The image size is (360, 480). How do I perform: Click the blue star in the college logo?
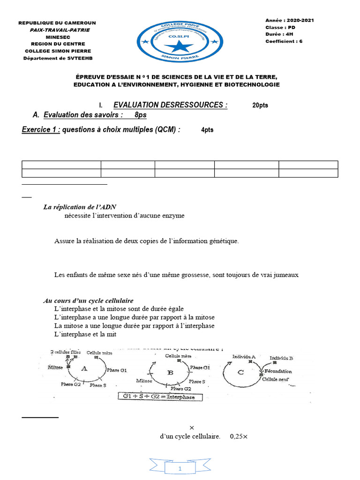tap(179, 46)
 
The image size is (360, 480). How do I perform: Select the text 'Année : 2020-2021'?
tap(289, 20)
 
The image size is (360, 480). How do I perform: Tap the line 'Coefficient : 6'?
tap(284, 41)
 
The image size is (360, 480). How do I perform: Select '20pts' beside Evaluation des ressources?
tap(260, 105)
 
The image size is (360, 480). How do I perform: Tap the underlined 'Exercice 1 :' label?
tap(41, 130)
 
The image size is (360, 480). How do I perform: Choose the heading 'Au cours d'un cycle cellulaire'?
tap(88, 300)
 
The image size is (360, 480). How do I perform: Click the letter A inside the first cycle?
tap(84, 368)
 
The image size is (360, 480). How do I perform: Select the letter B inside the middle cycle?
tap(171, 372)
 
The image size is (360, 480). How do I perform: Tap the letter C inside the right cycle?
tap(241, 372)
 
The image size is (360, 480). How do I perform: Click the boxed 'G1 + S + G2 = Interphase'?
tap(159, 397)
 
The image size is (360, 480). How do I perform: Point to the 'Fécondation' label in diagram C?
tap(278, 371)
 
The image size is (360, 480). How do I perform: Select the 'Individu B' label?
tap(281, 358)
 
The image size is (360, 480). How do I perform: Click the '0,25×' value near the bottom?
tap(239, 436)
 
